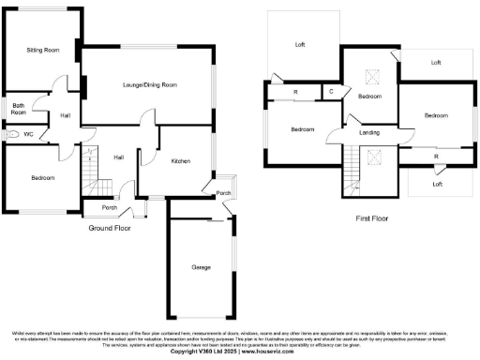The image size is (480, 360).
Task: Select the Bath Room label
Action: coord(19,109)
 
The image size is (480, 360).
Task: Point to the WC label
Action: coord(28,135)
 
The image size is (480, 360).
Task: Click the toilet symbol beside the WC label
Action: coord(10,135)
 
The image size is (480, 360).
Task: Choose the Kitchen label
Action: coord(181,161)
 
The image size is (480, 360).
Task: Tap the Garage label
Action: coord(201,267)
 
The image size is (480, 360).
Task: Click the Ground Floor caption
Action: coord(110,228)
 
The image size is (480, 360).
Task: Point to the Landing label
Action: coord(369,132)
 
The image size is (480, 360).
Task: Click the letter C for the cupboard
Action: coord(332,91)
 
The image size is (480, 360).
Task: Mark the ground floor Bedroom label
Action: coord(42,177)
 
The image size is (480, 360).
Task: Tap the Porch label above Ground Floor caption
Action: coord(110,208)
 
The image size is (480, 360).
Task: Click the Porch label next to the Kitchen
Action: coord(224,193)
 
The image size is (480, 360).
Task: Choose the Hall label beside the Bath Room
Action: coord(66,115)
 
